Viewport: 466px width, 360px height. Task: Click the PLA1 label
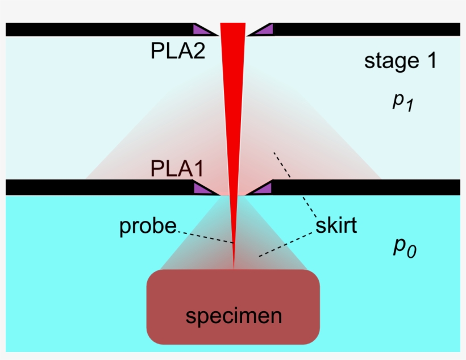pos(177,169)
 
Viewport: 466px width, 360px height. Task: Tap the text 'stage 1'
pos(400,61)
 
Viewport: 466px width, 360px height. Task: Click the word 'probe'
pos(148,227)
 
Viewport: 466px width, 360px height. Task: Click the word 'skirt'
pos(336,225)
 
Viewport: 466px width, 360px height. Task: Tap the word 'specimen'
pos(234,316)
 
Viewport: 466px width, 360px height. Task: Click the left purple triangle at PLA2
pos(203,31)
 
